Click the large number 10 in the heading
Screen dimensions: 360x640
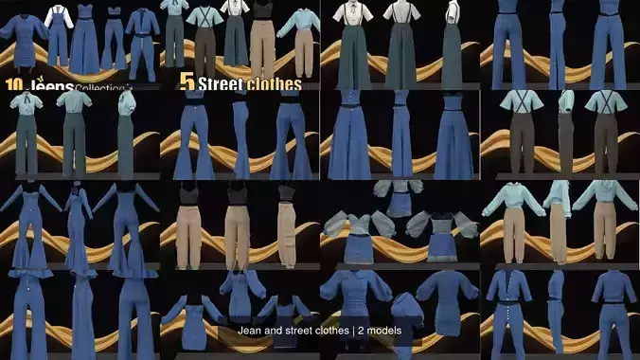(13, 84)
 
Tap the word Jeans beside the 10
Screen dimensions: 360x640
(48, 84)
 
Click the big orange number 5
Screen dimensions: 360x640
(187, 82)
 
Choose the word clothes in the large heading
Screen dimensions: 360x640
(274, 84)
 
